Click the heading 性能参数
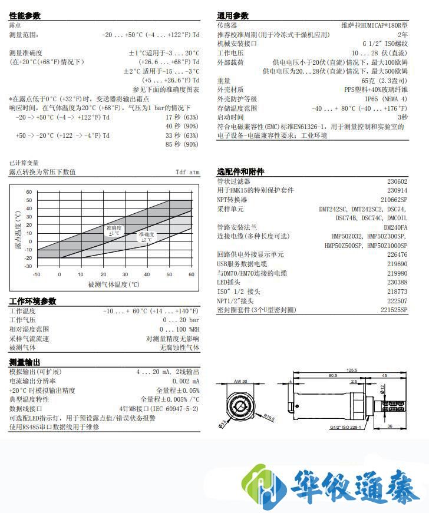tap(25, 16)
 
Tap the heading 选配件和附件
tap(240, 171)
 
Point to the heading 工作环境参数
tap(33, 301)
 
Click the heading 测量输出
tap(25, 362)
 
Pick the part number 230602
tap(397, 181)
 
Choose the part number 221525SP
tap(394, 309)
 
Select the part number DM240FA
tap(395, 227)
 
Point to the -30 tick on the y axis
tap(28, 266)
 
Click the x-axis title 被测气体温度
tap(114, 284)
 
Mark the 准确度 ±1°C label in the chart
tap(114, 230)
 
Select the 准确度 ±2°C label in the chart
tap(146, 237)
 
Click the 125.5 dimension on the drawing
tap(351, 370)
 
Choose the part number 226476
tap(397, 254)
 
